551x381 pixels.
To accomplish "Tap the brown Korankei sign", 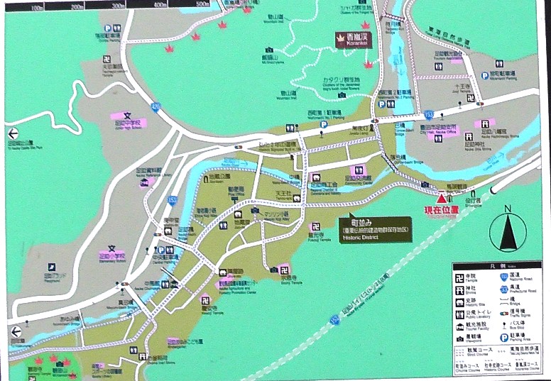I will click(x=352, y=39).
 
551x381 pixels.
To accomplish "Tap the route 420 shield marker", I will click(x=156, y=106).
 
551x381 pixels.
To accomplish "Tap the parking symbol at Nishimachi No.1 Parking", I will click(x=324, y=124).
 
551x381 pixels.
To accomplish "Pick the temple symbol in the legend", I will click(x=460, y=276).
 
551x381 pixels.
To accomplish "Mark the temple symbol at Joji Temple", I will click(x=284, y=270).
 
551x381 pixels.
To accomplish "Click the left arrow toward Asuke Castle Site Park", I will click(x=12, y=133).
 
